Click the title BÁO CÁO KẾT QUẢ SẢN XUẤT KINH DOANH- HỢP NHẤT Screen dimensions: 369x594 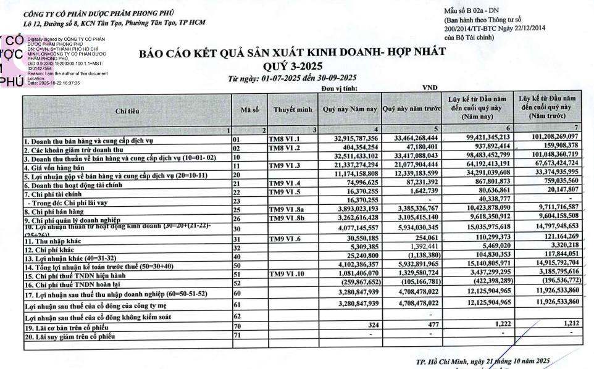point(292,54)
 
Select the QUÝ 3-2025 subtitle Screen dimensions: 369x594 point(292,66)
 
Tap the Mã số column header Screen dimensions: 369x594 point(249,111)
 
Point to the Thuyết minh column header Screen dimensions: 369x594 point(293,111)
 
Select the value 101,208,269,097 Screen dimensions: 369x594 point(548,136)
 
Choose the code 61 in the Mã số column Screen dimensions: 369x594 point(236,305)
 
